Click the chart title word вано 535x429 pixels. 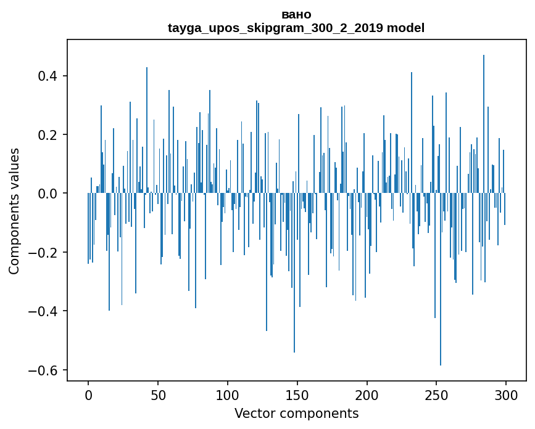pyautogui.click(x=296, y=15)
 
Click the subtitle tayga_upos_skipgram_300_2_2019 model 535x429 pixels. pyautogui.click(x=296, y=28)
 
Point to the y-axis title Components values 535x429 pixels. pyautogui.click(x=14, y=211)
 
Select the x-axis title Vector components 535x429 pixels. pyautogui.click(x=296, y=413)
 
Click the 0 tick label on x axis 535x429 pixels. pyautogui.click(x=88, y=394)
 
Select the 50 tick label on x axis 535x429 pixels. pyautogui.click(x=158, y=394)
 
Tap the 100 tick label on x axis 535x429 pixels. pyautogui.click(x=228, y=394)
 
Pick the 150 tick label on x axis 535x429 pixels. pyautogui.click(x=297, y=394)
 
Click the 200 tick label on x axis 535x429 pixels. pyautogui.click(x=367, y=394)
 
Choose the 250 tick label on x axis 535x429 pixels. pyautogui.click(x=436, y=394)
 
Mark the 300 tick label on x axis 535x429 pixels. pyautogui.click(x=505, y=394)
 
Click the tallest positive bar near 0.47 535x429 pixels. pyautogui.click(x=484, y=123)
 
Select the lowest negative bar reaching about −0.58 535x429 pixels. pyautogui.click(x=441, y=277)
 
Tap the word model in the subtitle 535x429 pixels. pyautogui.click(x=405, y=28)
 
